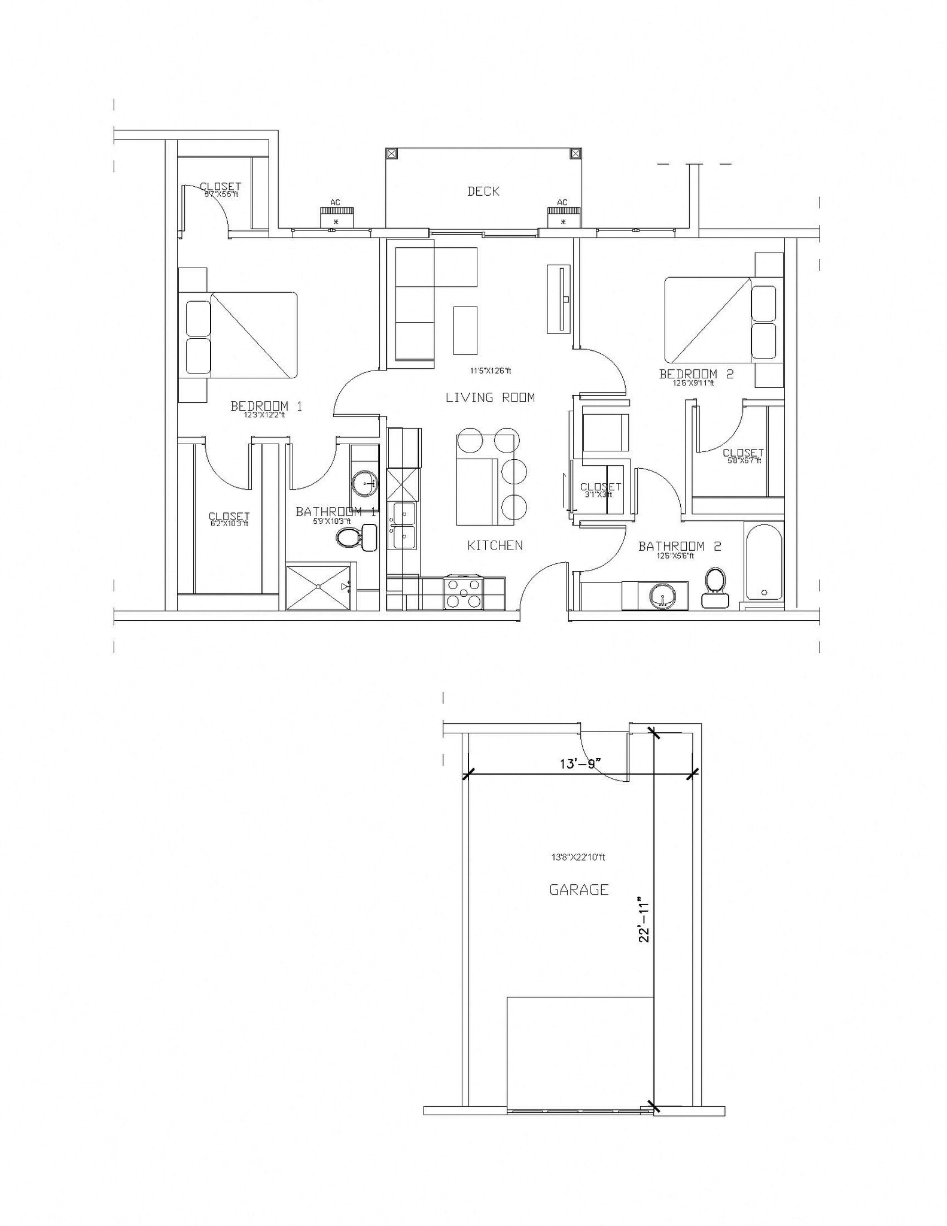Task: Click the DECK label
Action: [483, 191]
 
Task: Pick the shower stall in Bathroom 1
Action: [318, 587]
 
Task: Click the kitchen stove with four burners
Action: [463, 593]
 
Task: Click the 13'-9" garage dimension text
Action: [580, 764]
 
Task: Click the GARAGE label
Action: [578, 890]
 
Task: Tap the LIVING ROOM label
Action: [490, 397]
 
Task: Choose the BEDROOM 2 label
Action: [696, 374]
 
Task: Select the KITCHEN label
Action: [495, 545]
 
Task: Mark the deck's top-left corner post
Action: [391, 154]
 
